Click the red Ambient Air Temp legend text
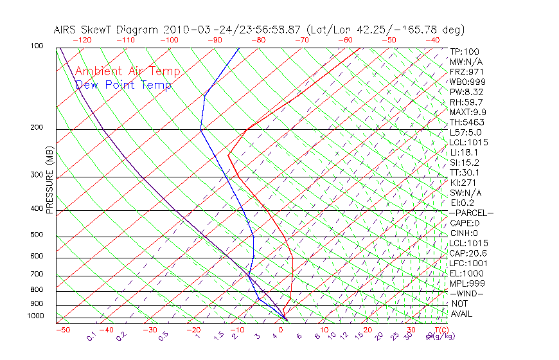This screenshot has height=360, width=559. click(127, 72)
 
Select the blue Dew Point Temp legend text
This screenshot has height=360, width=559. click(123, 85)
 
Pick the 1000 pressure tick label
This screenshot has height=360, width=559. click(36, 316)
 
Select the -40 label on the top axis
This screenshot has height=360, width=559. click(432, 40)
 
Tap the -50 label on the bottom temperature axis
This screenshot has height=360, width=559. click(62, 330)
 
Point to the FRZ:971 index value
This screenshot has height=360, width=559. click(466, 72)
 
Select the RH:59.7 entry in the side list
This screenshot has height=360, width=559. click(466, 102)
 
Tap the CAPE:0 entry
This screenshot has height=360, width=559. click(464, 223)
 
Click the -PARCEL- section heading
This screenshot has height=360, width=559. click(471, 213)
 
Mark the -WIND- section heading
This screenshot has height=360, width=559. click(466, 293)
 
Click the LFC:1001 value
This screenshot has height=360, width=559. click(468, 263)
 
